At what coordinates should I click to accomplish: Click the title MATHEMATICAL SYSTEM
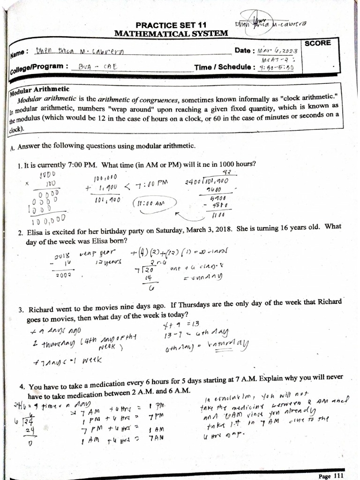(x=171, y=33)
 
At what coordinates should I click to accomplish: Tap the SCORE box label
(x=317, y=43)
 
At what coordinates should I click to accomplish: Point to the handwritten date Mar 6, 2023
(x=277, y=50)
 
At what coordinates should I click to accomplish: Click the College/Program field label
(x=37, y=68)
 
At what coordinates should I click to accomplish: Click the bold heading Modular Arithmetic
(x=40, y=89)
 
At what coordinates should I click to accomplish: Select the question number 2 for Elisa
(x=20, y=232)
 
